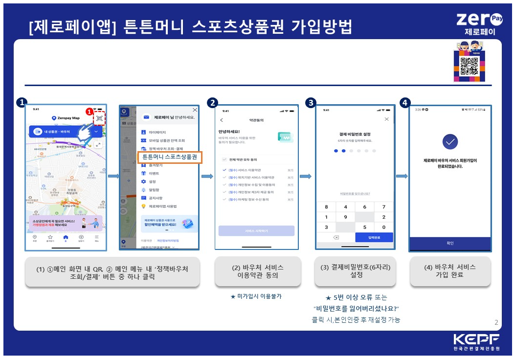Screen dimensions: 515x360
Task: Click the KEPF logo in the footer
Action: pos(476,341)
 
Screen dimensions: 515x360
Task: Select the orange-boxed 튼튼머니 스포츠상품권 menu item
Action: pos(169,157)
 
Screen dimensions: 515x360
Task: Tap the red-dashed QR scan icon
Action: pos(99,118)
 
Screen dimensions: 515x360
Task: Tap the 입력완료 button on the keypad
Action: pos(374,237)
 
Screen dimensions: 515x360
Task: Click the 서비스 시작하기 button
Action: pos(256,230)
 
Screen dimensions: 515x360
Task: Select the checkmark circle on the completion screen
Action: pos(450,142)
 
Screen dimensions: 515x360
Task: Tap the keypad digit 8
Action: pos(327,207)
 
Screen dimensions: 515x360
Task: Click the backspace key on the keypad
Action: pos(336,237)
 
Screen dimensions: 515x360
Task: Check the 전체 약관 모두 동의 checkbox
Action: pos(224,159)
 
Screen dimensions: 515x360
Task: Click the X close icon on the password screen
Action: pos(387,119)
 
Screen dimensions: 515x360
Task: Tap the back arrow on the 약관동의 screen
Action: pos(222,120)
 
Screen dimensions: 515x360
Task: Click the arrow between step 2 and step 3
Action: pos(305,176)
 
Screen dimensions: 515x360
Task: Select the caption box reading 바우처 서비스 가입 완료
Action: pos(450,271)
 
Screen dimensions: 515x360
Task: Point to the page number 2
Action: pos(496,322)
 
